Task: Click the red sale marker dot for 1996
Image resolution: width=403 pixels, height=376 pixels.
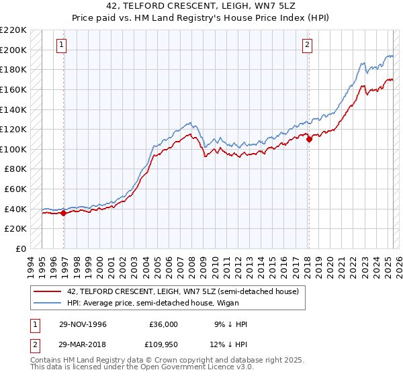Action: click(64, 213)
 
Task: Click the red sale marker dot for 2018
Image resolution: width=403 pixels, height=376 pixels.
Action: click(309, 139)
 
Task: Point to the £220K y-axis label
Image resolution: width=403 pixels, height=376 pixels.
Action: click(13, 30)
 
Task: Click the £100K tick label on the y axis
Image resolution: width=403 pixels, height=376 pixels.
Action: click(13, 149)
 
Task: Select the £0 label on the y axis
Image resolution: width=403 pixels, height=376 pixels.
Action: click(21, 248)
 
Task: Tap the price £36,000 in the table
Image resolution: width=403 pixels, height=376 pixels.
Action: click(163, 324)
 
